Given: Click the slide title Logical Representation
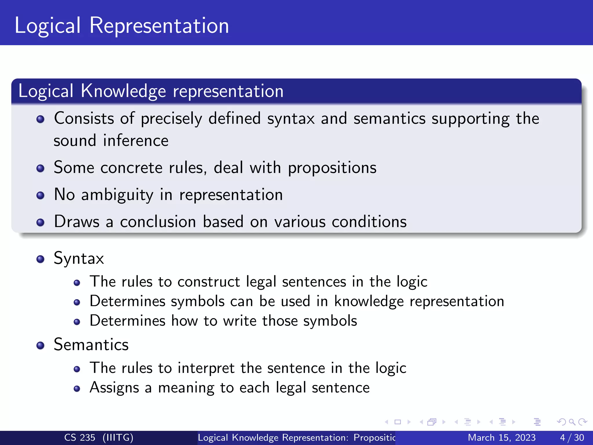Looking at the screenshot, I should [122, 25].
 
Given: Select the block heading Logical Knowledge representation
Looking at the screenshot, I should [151, 91].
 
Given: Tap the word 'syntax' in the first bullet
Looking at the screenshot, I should [290, 119].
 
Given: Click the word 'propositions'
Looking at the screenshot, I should [332, 168].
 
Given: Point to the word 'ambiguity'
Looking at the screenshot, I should [117, 195].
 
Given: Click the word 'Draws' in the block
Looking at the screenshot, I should [76, 222].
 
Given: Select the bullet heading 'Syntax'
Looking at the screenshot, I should [79, 258].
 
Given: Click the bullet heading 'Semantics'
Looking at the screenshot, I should [91, 345].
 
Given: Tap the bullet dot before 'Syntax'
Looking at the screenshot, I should [41, 259].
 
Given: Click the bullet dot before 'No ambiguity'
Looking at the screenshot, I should [41, 195].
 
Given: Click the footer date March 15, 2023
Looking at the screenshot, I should [502, 437].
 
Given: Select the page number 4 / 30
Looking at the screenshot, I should [572, 437].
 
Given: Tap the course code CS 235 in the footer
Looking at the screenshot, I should [80, 437].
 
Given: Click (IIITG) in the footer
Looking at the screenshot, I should [118, 437].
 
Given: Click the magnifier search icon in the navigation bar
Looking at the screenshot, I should [572, 422].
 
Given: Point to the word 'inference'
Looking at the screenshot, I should [136, 141].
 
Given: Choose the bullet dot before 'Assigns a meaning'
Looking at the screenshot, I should [77, 389].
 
